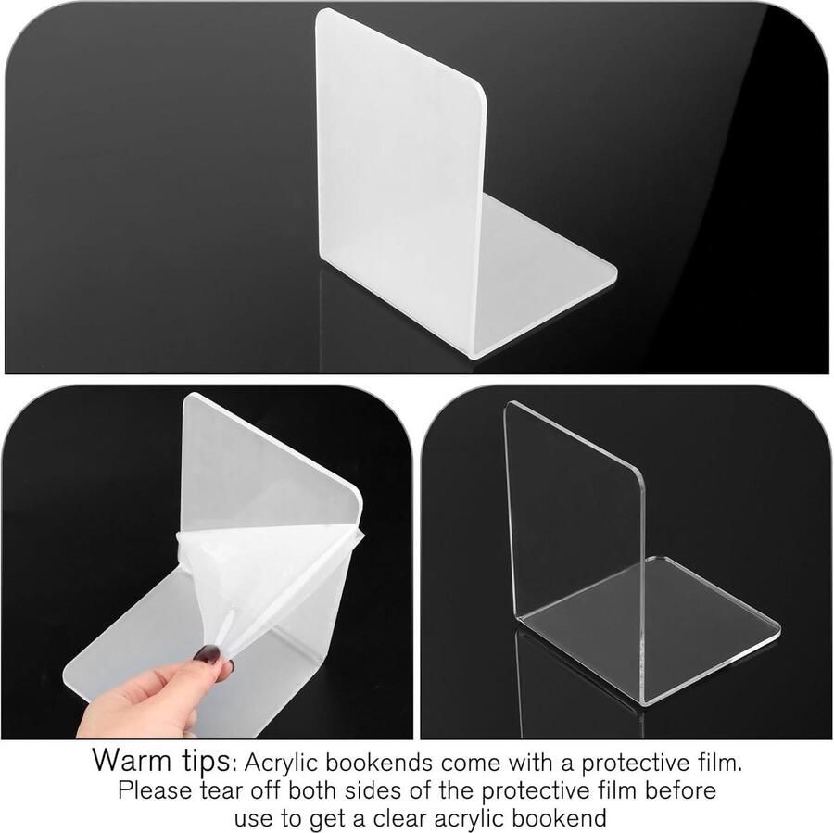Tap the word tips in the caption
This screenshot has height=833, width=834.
tap(206, 762)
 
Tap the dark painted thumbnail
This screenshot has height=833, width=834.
tap(208, 654)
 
